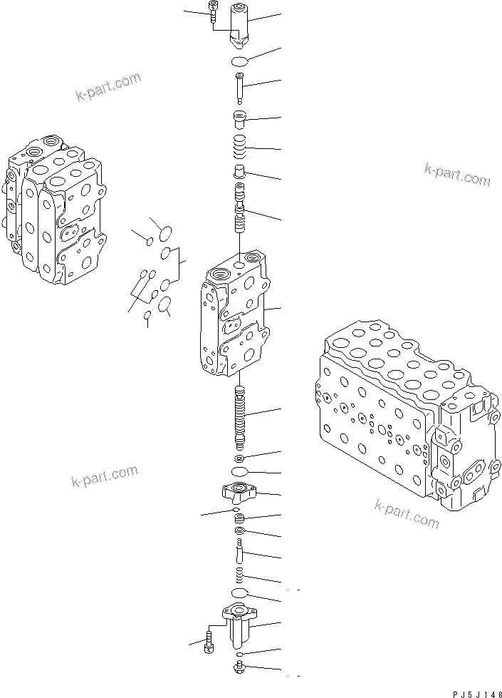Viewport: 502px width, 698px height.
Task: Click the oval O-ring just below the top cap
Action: pyautogui.click(x=239, y=60)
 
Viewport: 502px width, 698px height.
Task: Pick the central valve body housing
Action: pyautogui.click(x=235, y=314)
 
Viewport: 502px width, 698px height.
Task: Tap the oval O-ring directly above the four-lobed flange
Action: pyautogui.click(x=239, y=473)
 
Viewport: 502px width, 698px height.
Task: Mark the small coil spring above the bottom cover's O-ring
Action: pyautogui.click(x=239, y=575)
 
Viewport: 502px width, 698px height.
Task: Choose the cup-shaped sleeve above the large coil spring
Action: pyautogui.click(x=239, y=118)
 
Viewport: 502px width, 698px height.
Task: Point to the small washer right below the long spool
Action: pyautogui.click(x=239, y=457)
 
